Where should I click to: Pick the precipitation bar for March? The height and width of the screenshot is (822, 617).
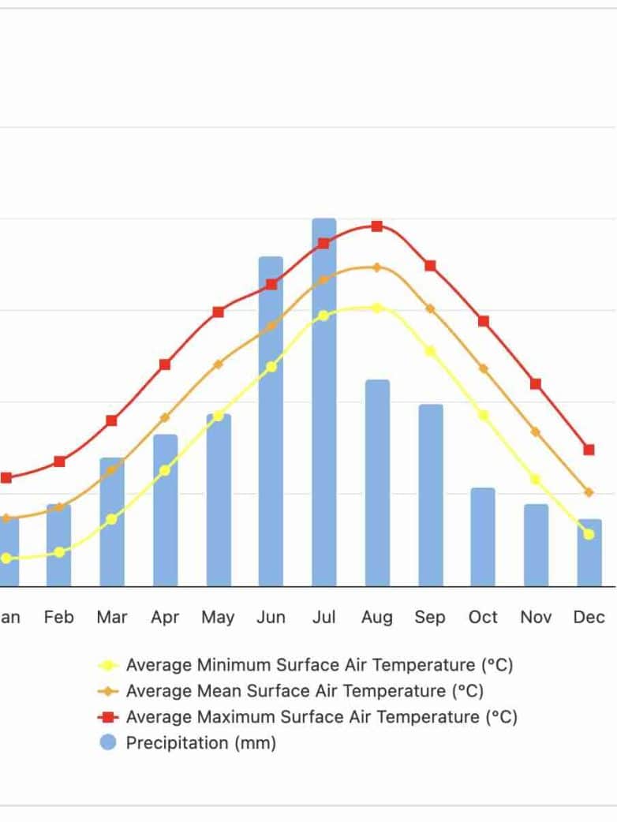111,521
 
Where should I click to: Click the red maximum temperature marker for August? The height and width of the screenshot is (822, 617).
377,226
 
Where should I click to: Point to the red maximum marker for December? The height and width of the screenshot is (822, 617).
589,450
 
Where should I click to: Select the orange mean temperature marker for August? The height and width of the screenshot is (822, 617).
377,267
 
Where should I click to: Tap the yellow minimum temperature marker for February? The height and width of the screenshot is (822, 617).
59,552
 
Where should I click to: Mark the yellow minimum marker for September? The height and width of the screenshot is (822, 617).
430,351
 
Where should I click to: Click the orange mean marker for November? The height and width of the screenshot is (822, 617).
536,432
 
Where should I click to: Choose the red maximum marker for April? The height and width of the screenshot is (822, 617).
165,364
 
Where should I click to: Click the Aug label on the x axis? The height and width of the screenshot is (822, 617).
377,618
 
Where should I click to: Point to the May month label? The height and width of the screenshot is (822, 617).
218,618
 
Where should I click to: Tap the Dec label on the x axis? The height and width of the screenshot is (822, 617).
589,618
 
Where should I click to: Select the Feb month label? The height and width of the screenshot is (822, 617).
59,618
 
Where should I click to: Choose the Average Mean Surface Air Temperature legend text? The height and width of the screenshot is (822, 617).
305,691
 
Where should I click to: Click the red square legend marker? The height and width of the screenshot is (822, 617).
109,717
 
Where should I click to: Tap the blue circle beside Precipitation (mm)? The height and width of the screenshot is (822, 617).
109,743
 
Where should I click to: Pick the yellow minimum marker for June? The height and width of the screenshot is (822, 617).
271,367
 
